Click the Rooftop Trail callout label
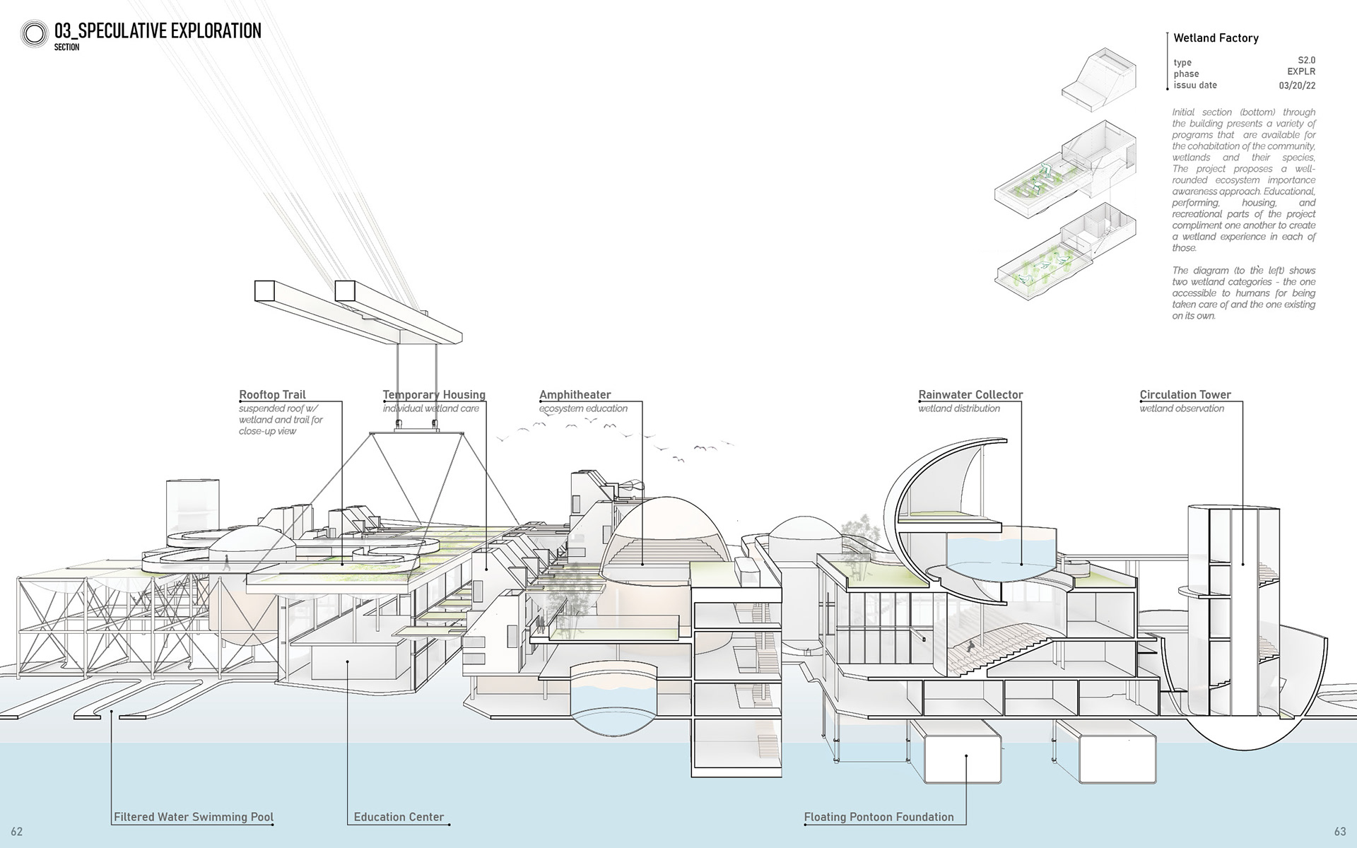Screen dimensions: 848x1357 (x=272, y=394)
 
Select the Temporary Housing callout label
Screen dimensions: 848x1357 (x=434, y=394)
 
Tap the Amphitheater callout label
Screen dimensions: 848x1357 (x=575, y=394)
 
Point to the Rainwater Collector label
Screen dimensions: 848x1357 (x=970, y=394)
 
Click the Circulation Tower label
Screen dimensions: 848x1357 (x=1185, y=394)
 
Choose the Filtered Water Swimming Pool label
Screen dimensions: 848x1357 (x=194, y=817)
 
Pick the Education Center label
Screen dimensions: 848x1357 (x=399, y=817)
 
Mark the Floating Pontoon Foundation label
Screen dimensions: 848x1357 (x=879, y=817)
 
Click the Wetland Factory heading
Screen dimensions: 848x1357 (x=1216, y=38)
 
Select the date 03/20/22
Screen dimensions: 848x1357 (x=1297, y=86)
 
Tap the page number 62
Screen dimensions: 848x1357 (x=17, y=832)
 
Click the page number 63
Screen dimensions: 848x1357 (x=1339, y=832)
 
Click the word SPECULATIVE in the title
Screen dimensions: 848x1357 (x=131, y=31)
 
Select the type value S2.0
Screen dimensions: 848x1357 (x=1306, y=61)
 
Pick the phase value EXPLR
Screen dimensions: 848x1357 (x=1300, y=72)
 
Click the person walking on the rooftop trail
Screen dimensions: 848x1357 (x=227, y=563)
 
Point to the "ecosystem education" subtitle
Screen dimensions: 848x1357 (x=583, y=408)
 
